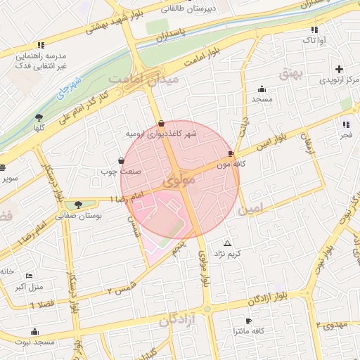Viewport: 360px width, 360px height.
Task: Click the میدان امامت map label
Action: pos(150,79)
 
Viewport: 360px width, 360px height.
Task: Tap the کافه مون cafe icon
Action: pos(231,153)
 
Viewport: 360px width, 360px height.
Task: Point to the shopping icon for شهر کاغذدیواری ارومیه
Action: pos(162,123)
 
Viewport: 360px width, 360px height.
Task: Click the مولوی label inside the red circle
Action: pos(179,181)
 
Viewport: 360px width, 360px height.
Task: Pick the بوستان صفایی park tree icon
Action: pos(78,205)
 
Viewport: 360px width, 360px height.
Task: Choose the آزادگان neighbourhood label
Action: pos(176,321)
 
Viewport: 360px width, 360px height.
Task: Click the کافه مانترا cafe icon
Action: pos(247,321)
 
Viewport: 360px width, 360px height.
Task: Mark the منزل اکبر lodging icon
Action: pos(29,276)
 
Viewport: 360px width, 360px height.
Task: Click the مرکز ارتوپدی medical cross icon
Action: pos(340,69)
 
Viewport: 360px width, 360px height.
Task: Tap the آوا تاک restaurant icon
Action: pos(314,30)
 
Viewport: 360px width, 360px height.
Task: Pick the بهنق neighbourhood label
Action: pos(290,72)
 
